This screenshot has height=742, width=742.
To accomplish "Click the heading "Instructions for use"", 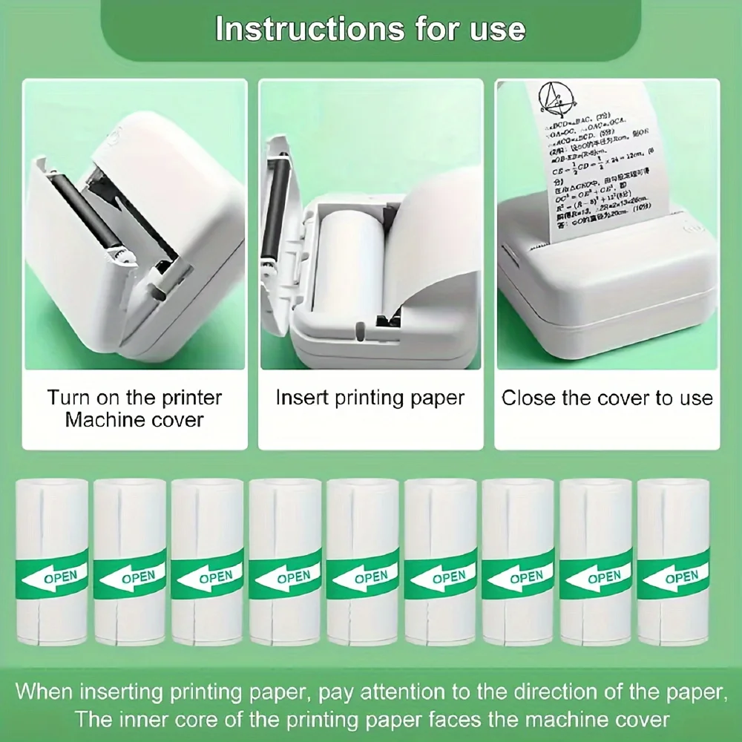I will click(x=370, y=29).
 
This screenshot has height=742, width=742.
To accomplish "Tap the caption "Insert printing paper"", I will click(x=370, y=398).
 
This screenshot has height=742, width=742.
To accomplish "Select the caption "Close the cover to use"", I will click(x=607, y=398).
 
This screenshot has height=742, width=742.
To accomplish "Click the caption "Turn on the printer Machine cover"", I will click(x=134, y=408).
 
